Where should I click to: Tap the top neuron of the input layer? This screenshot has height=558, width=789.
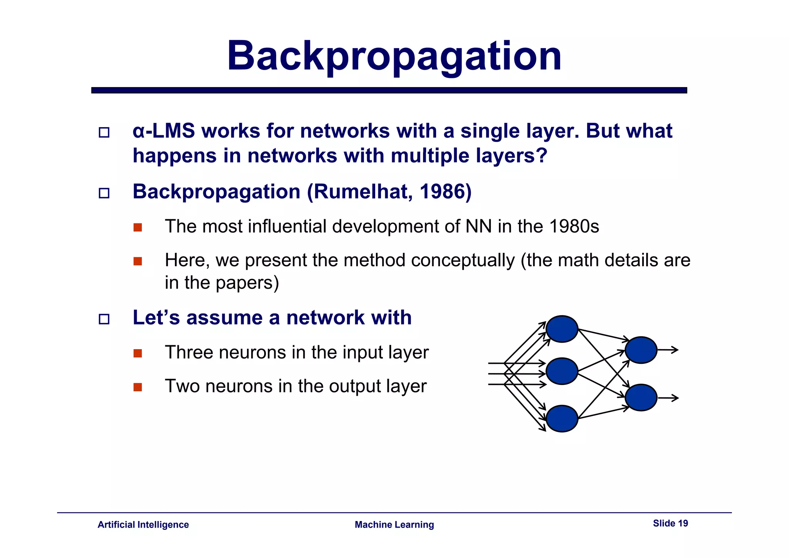point(562,329)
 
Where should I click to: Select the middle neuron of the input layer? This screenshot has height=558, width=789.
point(562,371)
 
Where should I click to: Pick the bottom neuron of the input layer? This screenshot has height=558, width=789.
point(562,418)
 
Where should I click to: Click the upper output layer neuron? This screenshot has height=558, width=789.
point(641,350)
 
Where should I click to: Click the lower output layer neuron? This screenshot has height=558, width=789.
point(641,397)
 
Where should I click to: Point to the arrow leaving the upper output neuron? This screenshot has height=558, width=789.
point(668,350)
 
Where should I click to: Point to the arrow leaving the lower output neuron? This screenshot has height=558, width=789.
point(668,398)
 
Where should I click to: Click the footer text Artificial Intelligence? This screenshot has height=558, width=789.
point(143,524)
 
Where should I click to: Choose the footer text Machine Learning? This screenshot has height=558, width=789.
point(394,524)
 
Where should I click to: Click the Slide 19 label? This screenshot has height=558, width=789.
point(670,523)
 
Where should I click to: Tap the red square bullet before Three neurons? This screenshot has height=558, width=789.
point(138,353)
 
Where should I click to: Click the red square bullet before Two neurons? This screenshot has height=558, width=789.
point(138,387)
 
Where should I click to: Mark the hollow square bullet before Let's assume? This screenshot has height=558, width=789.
point(104,319)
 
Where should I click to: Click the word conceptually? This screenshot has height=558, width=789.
point(463,260)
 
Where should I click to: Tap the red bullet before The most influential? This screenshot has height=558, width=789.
point(138,227)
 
